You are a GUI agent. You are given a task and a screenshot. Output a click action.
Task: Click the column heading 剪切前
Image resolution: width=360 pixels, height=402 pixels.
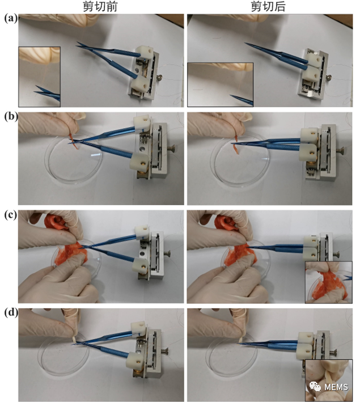100,6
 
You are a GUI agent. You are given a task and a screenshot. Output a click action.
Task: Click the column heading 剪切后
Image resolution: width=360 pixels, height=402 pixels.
268,6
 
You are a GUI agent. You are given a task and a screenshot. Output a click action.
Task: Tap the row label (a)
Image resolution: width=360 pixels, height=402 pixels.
11,19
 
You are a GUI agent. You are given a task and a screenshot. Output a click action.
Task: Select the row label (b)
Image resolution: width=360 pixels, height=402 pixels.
11,116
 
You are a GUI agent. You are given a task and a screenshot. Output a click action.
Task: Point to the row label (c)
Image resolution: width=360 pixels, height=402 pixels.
11,214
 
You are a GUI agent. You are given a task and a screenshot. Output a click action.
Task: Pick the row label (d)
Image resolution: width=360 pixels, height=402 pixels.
11,313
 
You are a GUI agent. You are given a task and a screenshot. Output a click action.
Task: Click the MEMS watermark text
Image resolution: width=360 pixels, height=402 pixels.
336,387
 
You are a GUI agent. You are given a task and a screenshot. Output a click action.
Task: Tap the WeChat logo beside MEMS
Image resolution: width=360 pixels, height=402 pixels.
315,387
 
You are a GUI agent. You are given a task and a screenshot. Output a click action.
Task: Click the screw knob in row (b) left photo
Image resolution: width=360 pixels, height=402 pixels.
171,149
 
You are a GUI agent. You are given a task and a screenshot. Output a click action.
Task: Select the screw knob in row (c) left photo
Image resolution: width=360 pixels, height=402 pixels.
167,254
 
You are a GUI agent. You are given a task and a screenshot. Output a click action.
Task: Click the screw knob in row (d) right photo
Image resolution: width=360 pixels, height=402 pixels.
333,353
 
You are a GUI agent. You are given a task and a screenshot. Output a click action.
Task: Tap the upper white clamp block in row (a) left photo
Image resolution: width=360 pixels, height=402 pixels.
145,52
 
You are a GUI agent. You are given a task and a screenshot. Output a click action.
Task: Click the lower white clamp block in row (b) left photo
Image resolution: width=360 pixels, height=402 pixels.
139,162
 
